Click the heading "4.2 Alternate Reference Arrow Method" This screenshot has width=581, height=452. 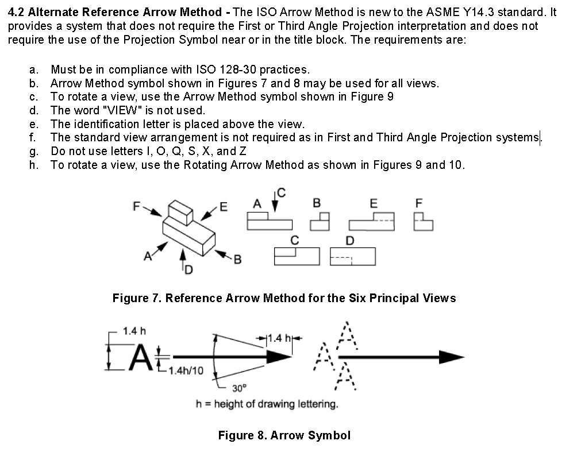(x=115, y=12)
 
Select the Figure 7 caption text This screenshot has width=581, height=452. (x=284, y=298)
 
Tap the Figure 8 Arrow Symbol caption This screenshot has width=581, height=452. (x=284, y=435)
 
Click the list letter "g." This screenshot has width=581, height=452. (x=34, y=152)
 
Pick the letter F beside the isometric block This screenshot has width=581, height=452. (x=136, y=204)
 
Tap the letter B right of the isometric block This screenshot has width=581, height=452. (x=237, y=259)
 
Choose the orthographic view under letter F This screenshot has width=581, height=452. (x=424, y=221)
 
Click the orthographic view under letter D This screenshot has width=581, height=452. (x=353, y=256)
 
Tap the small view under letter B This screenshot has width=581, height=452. (x=320, y=221)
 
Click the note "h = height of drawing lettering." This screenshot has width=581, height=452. (x=267, y=404)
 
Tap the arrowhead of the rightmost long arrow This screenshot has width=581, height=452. (x=451, y=357)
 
